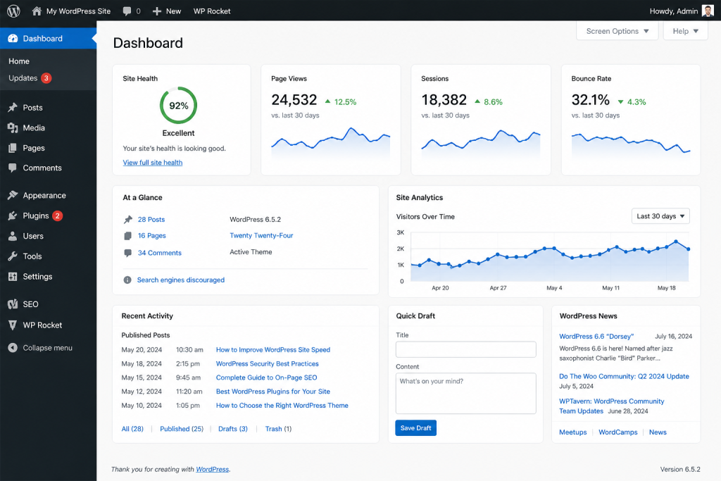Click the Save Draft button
point(415,428)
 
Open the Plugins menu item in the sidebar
point(35,215)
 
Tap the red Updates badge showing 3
point(46,78)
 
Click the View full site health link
point(153,163)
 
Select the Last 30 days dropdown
point(660,216)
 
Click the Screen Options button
point(617,31)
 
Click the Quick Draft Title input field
point(466,349)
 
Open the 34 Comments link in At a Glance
point(160,253)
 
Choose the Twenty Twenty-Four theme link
point(261,235)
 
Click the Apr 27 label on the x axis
point(498,288)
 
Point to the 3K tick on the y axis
point(401,232)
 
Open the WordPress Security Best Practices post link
point(267,363)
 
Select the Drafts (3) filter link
point(232,429)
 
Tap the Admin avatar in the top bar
point(708,11)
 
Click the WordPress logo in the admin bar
point(13,11)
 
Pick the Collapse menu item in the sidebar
point(40,348)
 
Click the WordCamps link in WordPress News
point(618,432)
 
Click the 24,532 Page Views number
point(294,100)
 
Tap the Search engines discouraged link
point(181,280)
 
